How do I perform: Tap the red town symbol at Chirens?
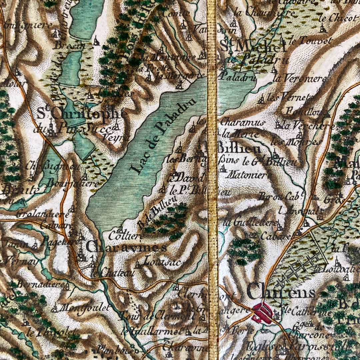(x=263, y=313)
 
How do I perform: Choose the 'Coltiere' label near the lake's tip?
(x=130, y=235)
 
